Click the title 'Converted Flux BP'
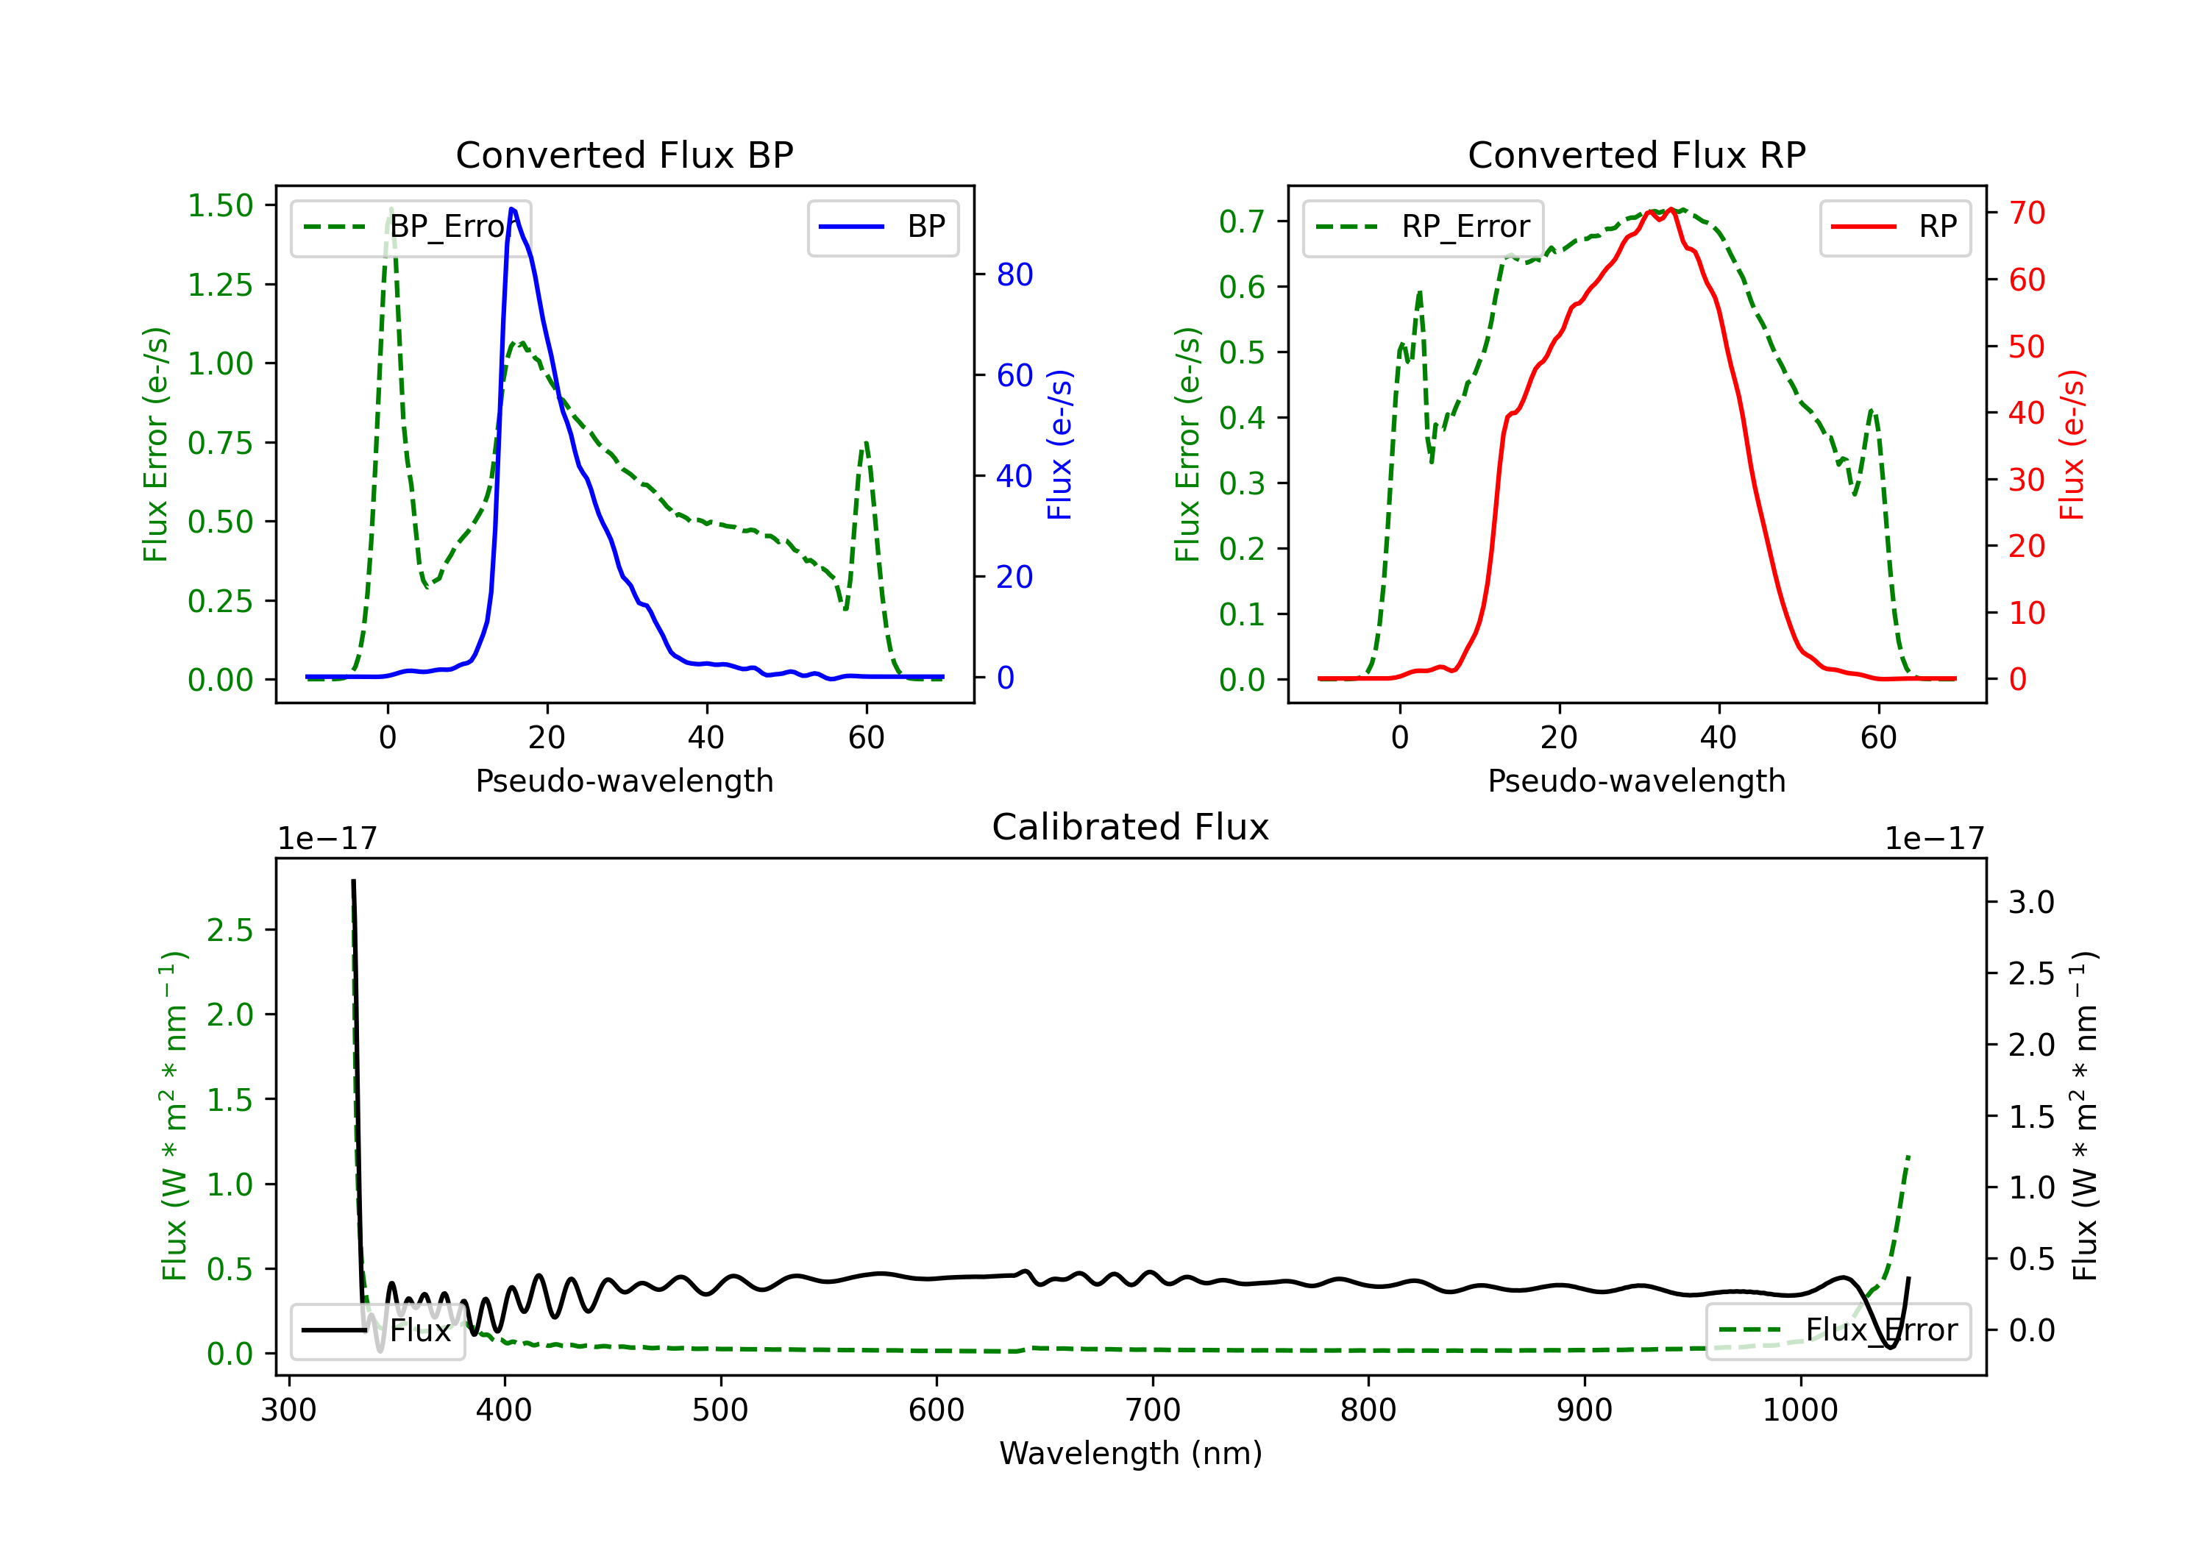[624, 154]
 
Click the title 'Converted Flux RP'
[1636, 154]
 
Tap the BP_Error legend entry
[411, 227]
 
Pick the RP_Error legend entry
[1424, 227]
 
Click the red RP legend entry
[1894, 227]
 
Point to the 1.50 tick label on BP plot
[220, 206]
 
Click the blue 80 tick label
[1014, 275]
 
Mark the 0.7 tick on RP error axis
[1241, 221]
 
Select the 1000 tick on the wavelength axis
[1799, 1410]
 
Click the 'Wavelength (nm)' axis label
[1131, 1453]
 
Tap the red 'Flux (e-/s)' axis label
[2072, 444]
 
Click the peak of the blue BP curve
[511, 209]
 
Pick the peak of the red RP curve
[1671, 209]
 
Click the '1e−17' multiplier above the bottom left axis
[327, 839]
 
